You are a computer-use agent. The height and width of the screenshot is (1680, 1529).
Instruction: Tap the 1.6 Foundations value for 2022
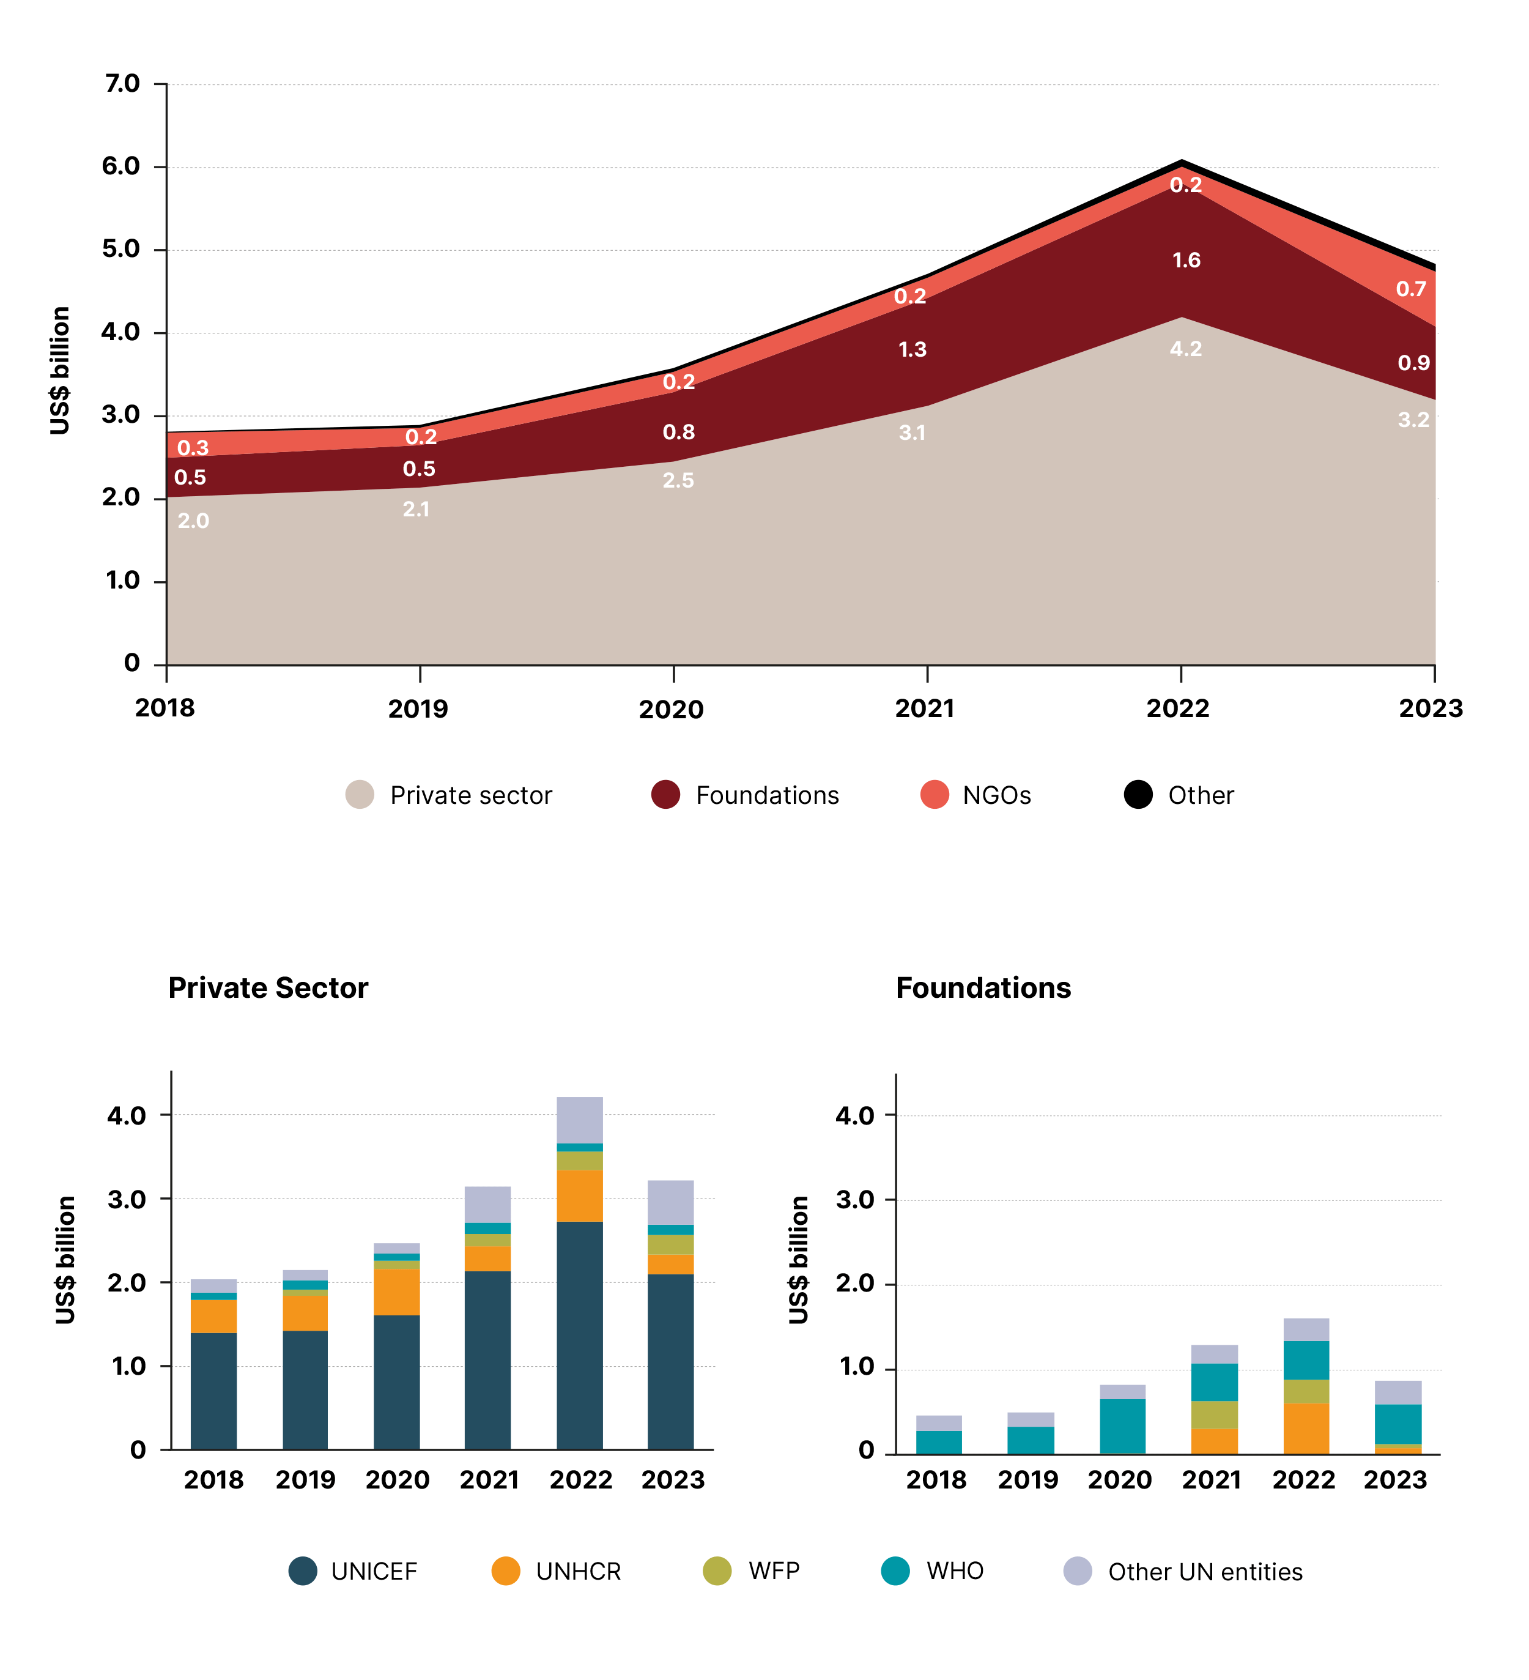pos(1186,261)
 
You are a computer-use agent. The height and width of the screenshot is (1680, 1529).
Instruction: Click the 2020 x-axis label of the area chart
pos(671,709)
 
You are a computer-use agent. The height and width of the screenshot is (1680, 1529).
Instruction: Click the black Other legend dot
pos(1138,794)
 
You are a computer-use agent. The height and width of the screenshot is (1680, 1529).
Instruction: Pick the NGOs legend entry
pos(996,795)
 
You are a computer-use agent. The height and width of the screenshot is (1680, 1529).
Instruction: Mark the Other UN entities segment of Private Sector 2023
pos(671,1202)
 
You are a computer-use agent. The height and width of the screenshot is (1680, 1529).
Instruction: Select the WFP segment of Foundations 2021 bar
pos(1214,1414)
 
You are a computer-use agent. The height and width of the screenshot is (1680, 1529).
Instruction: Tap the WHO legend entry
pos(954,1571)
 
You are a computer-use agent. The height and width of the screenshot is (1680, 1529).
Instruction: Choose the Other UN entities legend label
pos(1204,1572)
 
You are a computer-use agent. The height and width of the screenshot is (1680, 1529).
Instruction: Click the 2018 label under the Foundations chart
pos(936,1480)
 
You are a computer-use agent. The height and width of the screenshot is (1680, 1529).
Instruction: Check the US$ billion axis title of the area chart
pos(60,370)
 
